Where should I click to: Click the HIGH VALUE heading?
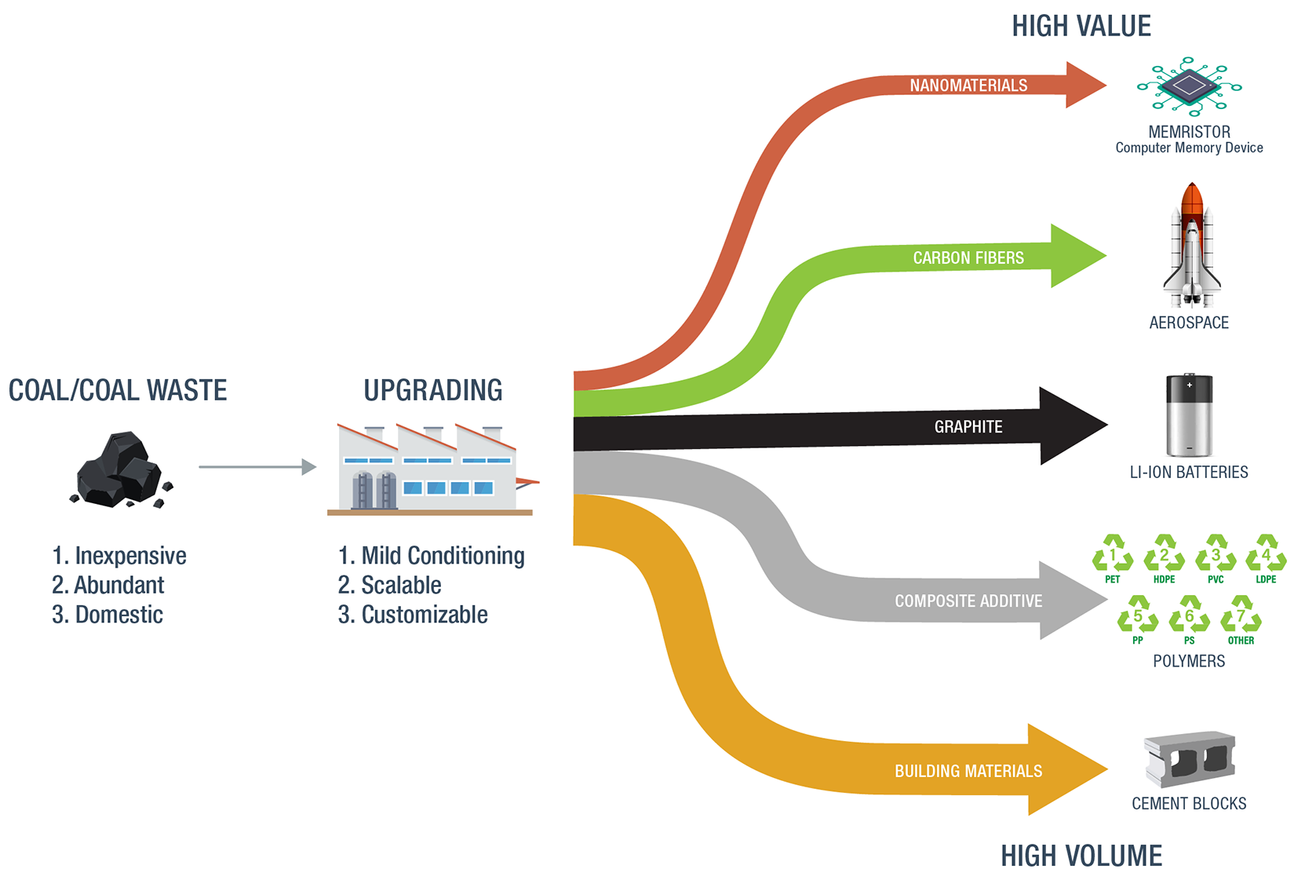[x=1081, y=27]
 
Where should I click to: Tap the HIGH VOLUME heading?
[x=1081, y=855]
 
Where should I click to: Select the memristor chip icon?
[x=1189, y=86]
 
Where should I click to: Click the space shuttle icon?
[x=1191, y=245]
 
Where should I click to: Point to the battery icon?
[x=1189, y=414]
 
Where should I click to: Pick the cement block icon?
[x=1189, y=759]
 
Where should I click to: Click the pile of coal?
[x=122, y=469]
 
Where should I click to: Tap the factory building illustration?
[x=430, y=469]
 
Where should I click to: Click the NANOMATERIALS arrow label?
[x=968, y=86]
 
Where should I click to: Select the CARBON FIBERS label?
[x=968, y=258]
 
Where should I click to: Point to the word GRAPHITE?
[x=968, y=427]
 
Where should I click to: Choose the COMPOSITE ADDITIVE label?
[x=968, y=601]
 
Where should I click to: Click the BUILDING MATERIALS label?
[x=968, y=772]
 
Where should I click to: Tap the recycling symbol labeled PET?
[x=1113, y=553]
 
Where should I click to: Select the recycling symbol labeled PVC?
[x=1216, y=553]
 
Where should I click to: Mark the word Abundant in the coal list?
[x=119, y=585]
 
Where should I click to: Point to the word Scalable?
[x=401, y=585]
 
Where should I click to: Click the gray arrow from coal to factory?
[x=257, y=467]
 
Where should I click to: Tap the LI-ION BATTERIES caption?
[x=1189, y=473]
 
